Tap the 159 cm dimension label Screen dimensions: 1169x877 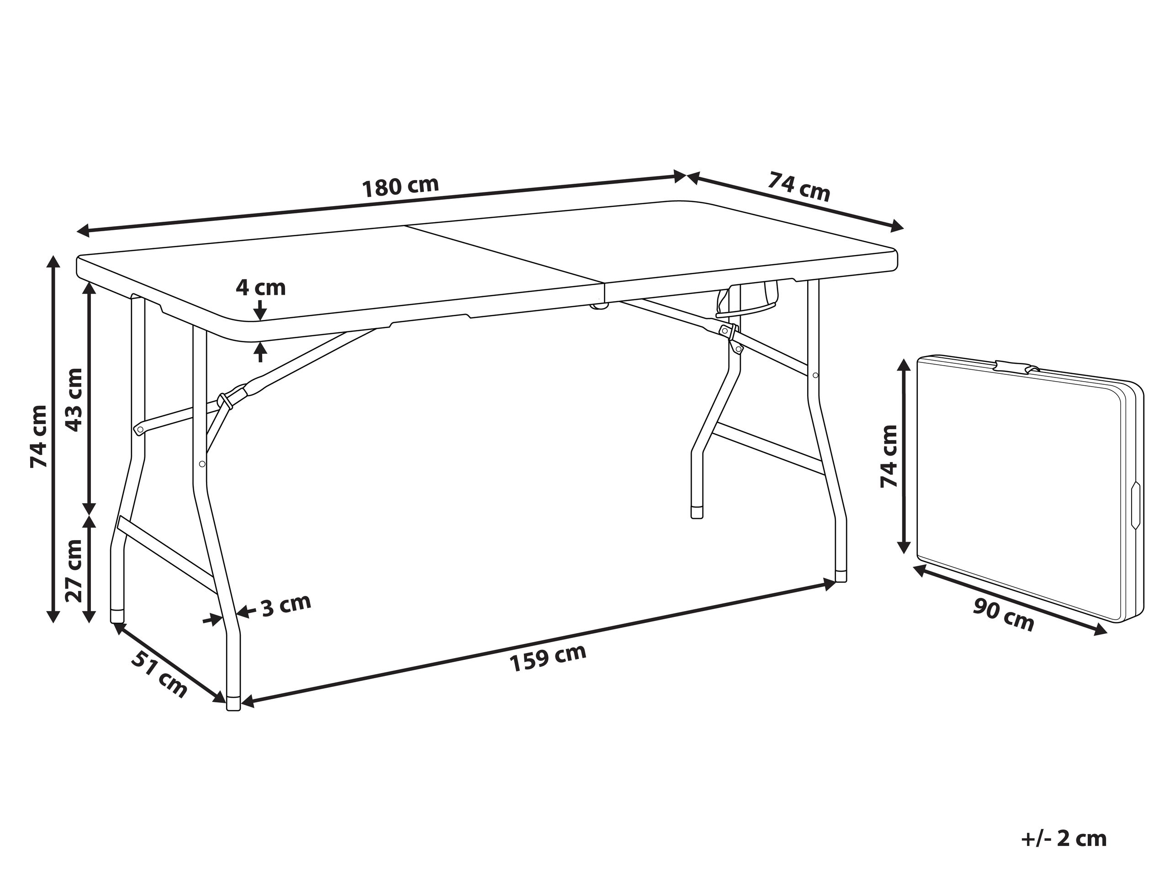pos(548,658)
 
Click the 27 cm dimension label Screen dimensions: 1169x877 pos(74,571)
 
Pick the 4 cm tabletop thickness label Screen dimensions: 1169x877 pos(260,287)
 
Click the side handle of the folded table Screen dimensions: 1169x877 pos(1135,505)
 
